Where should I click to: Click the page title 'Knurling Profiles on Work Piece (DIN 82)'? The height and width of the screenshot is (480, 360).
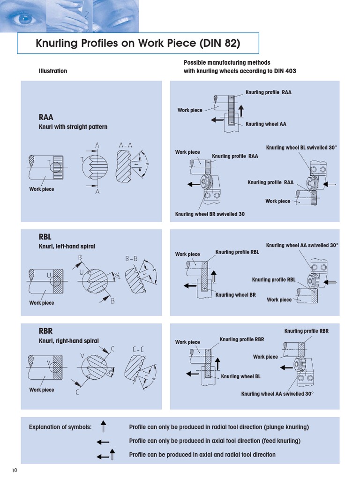click(138, 44)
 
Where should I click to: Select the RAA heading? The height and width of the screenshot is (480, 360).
click(46, 118)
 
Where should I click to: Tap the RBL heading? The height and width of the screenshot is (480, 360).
click(45, 238)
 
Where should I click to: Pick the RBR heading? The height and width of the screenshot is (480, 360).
click(46, 332)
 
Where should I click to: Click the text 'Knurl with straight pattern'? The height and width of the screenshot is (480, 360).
click(73, 127)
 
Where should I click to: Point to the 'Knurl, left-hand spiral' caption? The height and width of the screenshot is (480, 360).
click(67, 247)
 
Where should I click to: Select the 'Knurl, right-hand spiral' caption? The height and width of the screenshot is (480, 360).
click(68, 341)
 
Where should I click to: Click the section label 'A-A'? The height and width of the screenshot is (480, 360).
click(126, 146)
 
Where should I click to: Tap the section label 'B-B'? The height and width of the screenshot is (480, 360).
click(131, 258)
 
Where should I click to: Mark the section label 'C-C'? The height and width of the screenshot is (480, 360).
click(138, 349)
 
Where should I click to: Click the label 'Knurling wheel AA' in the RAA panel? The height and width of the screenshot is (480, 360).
click(266, 124)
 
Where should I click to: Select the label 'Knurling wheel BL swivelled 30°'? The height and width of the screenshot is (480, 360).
click(301, 148)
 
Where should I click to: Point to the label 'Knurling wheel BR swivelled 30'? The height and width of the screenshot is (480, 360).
click(210, 214)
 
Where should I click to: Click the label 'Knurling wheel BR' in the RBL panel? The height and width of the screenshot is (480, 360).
click(235, 295)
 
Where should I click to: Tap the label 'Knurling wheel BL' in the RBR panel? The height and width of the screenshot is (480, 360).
click(240, 376)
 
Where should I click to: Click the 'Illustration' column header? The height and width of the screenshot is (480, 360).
click(52, 71)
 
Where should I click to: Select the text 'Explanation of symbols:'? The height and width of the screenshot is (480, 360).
click(60, 427)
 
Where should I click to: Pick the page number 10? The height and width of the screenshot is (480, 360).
click(15, 470)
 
